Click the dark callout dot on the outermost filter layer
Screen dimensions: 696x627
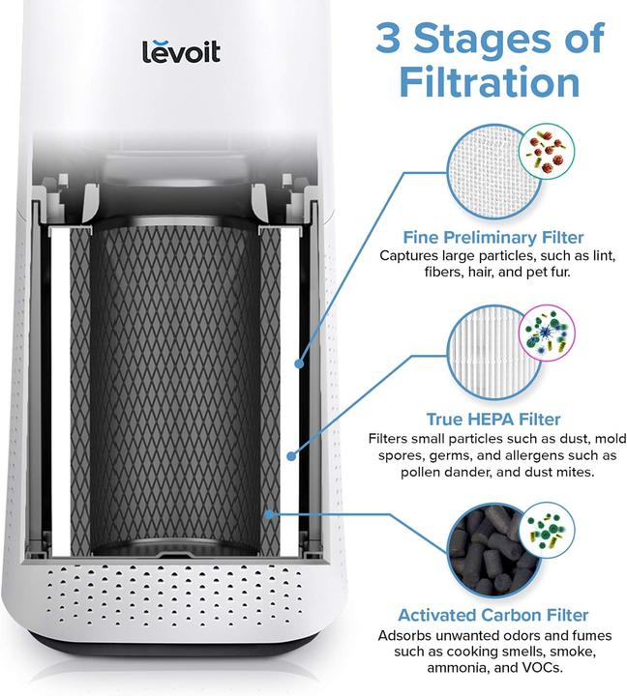(300, 364)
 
